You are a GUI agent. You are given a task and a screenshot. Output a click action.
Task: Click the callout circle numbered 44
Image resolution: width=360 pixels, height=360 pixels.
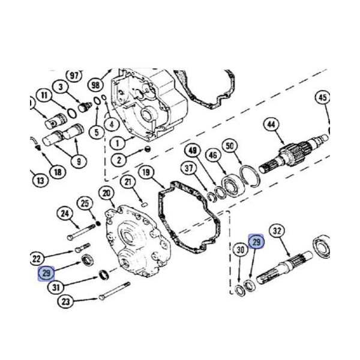pos(272,125)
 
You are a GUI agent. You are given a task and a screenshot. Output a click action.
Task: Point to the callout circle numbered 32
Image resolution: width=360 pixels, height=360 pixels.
pos(277,231)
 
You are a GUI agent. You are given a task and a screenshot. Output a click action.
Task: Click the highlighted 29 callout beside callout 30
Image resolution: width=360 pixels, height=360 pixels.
pos(256,242)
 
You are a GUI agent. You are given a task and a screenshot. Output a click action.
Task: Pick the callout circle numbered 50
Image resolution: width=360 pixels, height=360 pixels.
pos(229,146)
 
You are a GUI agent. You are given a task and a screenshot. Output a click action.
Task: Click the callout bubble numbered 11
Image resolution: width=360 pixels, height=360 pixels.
pos(44,95)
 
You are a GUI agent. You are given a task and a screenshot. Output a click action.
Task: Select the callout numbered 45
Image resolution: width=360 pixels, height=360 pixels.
pos(323,98)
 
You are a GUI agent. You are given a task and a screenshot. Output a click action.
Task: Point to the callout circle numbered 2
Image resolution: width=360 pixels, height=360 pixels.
pos(119,160)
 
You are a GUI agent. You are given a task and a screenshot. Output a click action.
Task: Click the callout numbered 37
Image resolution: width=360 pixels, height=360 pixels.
pos(190,167)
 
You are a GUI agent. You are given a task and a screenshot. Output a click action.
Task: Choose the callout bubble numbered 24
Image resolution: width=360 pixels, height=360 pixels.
pos(65,213)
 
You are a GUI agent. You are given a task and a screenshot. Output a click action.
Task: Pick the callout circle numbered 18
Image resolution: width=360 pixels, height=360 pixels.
pos(58,172)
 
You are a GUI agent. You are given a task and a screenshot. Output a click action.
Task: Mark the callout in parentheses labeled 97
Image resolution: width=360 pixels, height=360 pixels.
pos(74,75)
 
